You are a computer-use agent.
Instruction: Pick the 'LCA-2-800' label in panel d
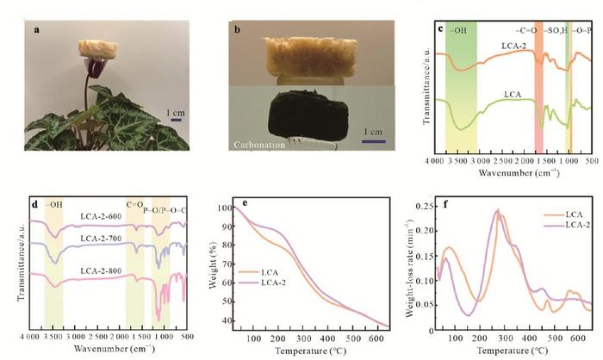(101, 263)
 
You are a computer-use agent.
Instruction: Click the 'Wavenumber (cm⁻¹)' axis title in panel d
(104, 351)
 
